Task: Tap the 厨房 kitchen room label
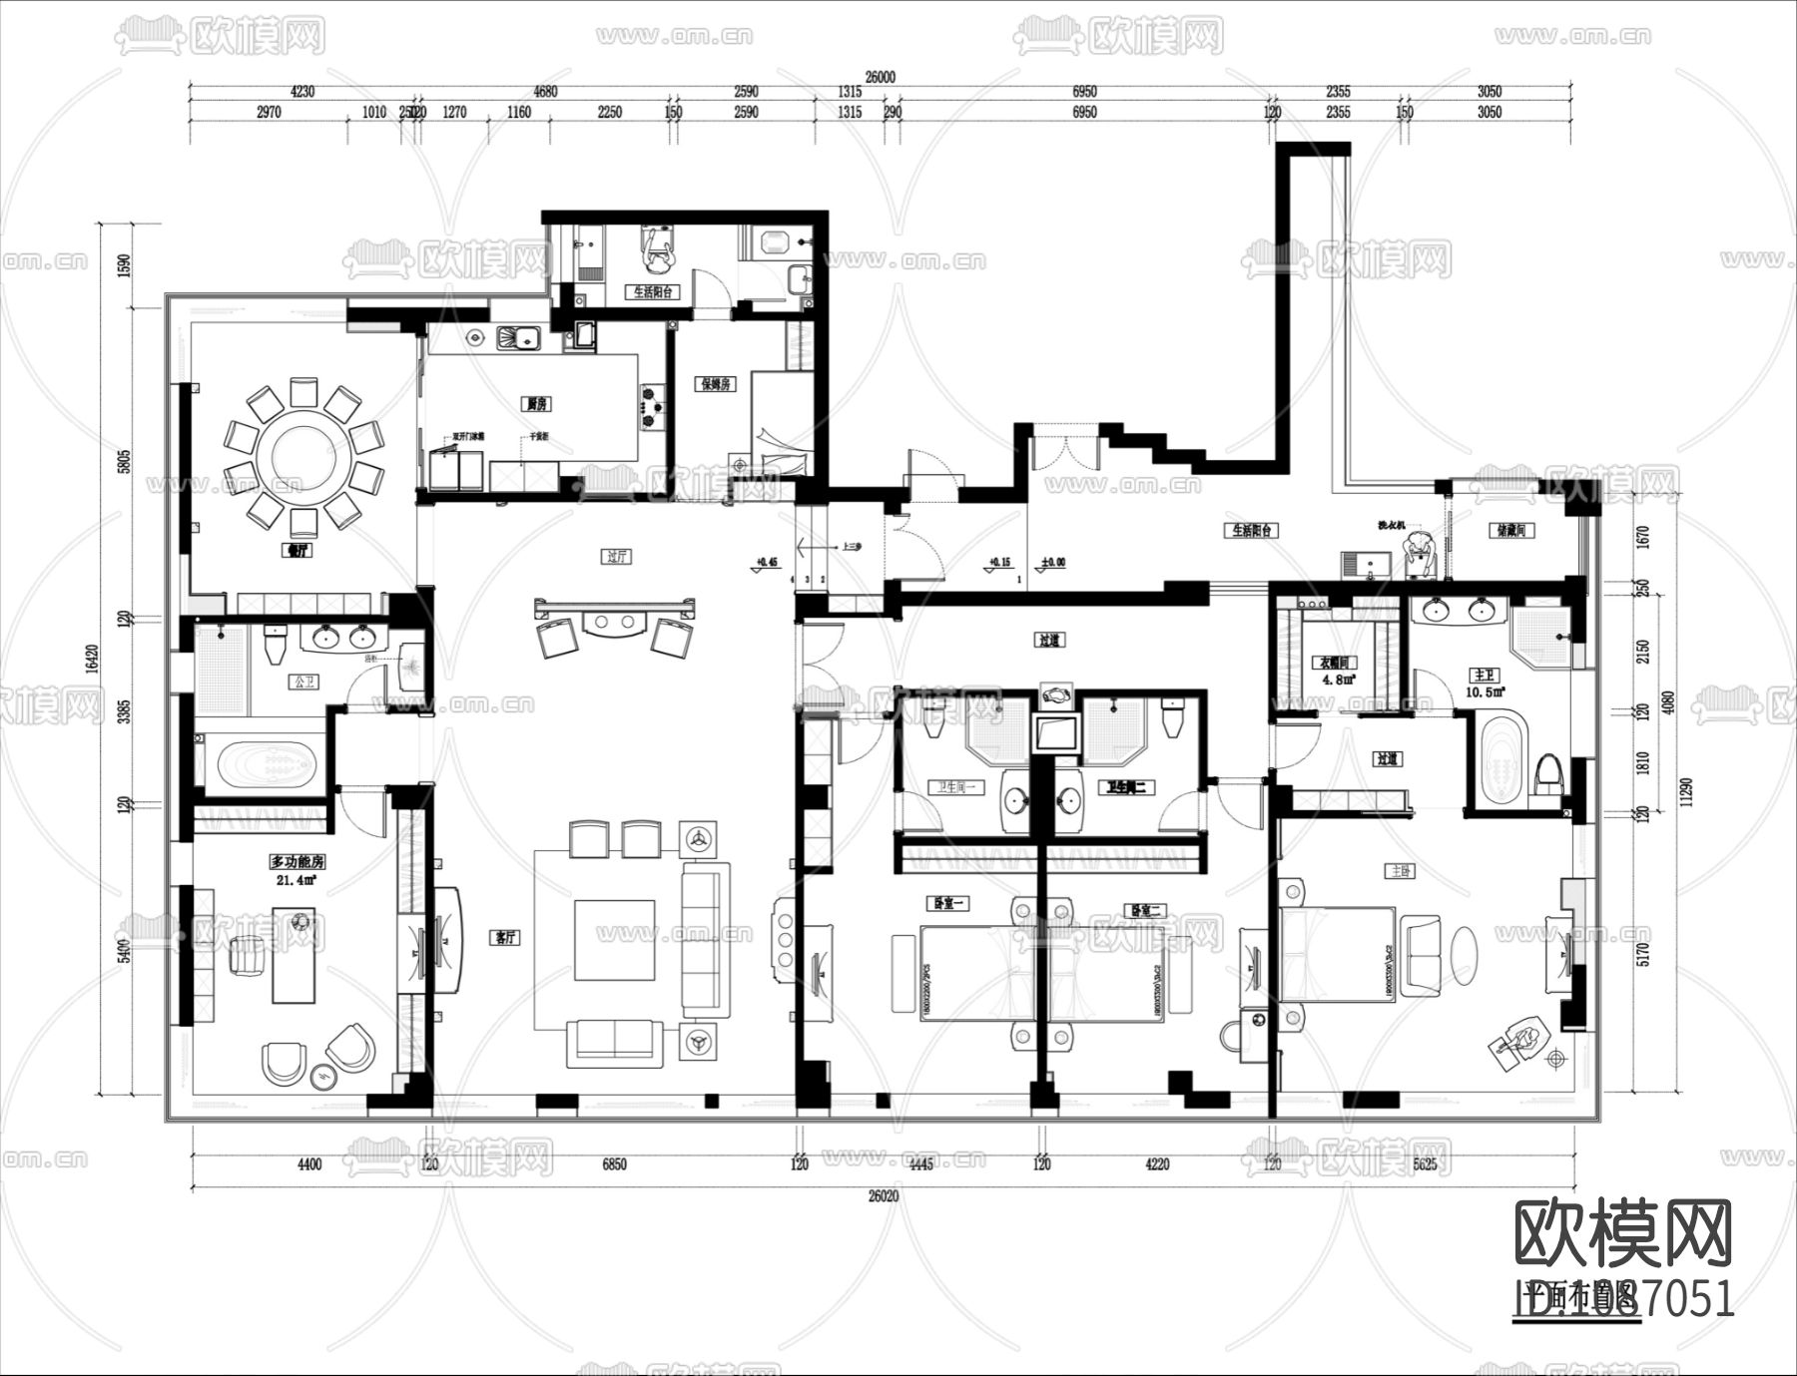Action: pos(537,404)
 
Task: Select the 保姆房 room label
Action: pos(716,383)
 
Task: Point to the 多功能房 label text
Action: pos(297,861)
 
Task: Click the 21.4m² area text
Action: pos(297,880)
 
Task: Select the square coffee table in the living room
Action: pos(614,938)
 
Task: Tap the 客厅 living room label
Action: pos(506,938)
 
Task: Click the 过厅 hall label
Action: pos(617,557)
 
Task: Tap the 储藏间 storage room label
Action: pos(1509,531)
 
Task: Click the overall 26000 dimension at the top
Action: pos(881,77)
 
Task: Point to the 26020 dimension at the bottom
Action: pos(884,1194)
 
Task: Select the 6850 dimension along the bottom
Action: pos(614,1163)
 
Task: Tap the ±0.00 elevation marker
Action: pos(1053,563)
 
